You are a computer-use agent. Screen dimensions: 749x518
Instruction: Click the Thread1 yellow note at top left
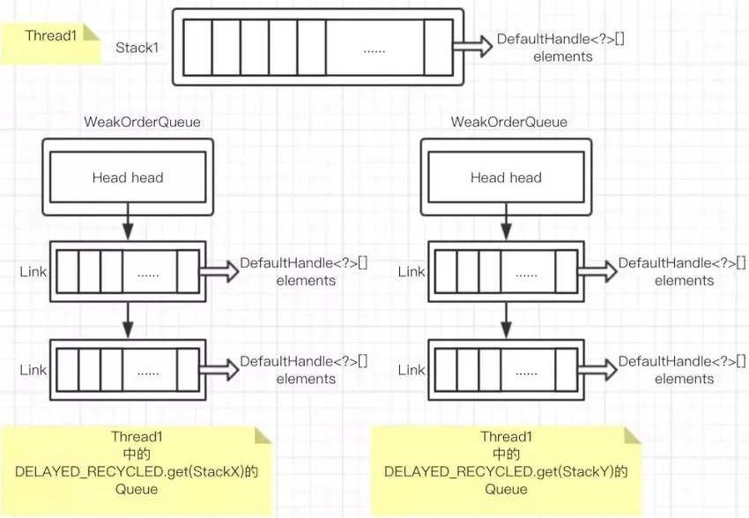pos(50,43)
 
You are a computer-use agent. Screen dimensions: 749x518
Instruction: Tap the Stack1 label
pos(137,48)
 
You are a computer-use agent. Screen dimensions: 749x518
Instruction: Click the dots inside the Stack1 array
pos(374,50)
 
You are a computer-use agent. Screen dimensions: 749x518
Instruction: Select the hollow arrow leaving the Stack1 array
pos(472,47)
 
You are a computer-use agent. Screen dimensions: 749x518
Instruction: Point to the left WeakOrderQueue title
pos(143,122)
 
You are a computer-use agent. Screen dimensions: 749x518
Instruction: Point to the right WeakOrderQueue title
pos(509,122)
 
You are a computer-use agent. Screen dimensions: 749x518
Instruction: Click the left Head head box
pos(128,177)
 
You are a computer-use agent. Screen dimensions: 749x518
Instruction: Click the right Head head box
pos(507,177)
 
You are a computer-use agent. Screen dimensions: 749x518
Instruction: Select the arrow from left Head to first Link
pos(128,221)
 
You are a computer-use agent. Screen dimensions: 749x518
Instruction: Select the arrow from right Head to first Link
pos(507,221)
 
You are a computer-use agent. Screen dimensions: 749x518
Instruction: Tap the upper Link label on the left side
pos(33,271)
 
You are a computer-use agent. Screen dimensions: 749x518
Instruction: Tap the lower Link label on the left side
pos(33,370)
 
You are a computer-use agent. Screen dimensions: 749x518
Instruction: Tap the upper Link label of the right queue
pos(412,271)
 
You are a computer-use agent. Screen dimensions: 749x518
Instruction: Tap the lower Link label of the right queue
pos(412,370)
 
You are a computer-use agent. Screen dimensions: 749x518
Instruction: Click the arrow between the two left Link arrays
pos(128,320)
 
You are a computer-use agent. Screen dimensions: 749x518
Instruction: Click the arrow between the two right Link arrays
pos(507,320)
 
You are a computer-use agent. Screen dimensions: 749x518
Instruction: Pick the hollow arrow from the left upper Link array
pos(219,271)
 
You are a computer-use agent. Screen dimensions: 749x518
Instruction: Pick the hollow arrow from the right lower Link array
pos(597,370)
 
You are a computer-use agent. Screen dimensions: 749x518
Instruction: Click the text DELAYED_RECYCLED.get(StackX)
pos(130,471)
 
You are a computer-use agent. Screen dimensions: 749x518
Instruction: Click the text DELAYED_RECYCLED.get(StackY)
pos(499,471)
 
